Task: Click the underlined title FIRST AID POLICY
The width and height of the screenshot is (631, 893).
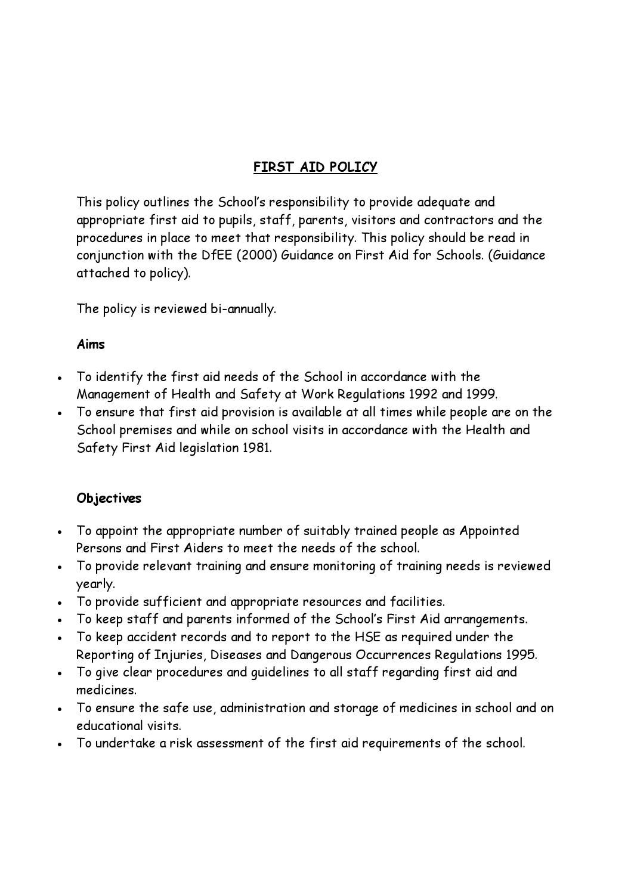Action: click(x=315, y=167)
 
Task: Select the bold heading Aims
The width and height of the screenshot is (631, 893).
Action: click(x=91, y=344)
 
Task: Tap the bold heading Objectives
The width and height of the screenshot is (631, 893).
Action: click(x=109, y=498)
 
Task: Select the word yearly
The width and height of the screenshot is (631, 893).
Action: click(x=95, y=584)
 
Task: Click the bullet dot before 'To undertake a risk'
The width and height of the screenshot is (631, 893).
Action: click(x=61, y=744)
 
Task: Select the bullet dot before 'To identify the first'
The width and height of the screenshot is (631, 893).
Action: click(x=61, y=378)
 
